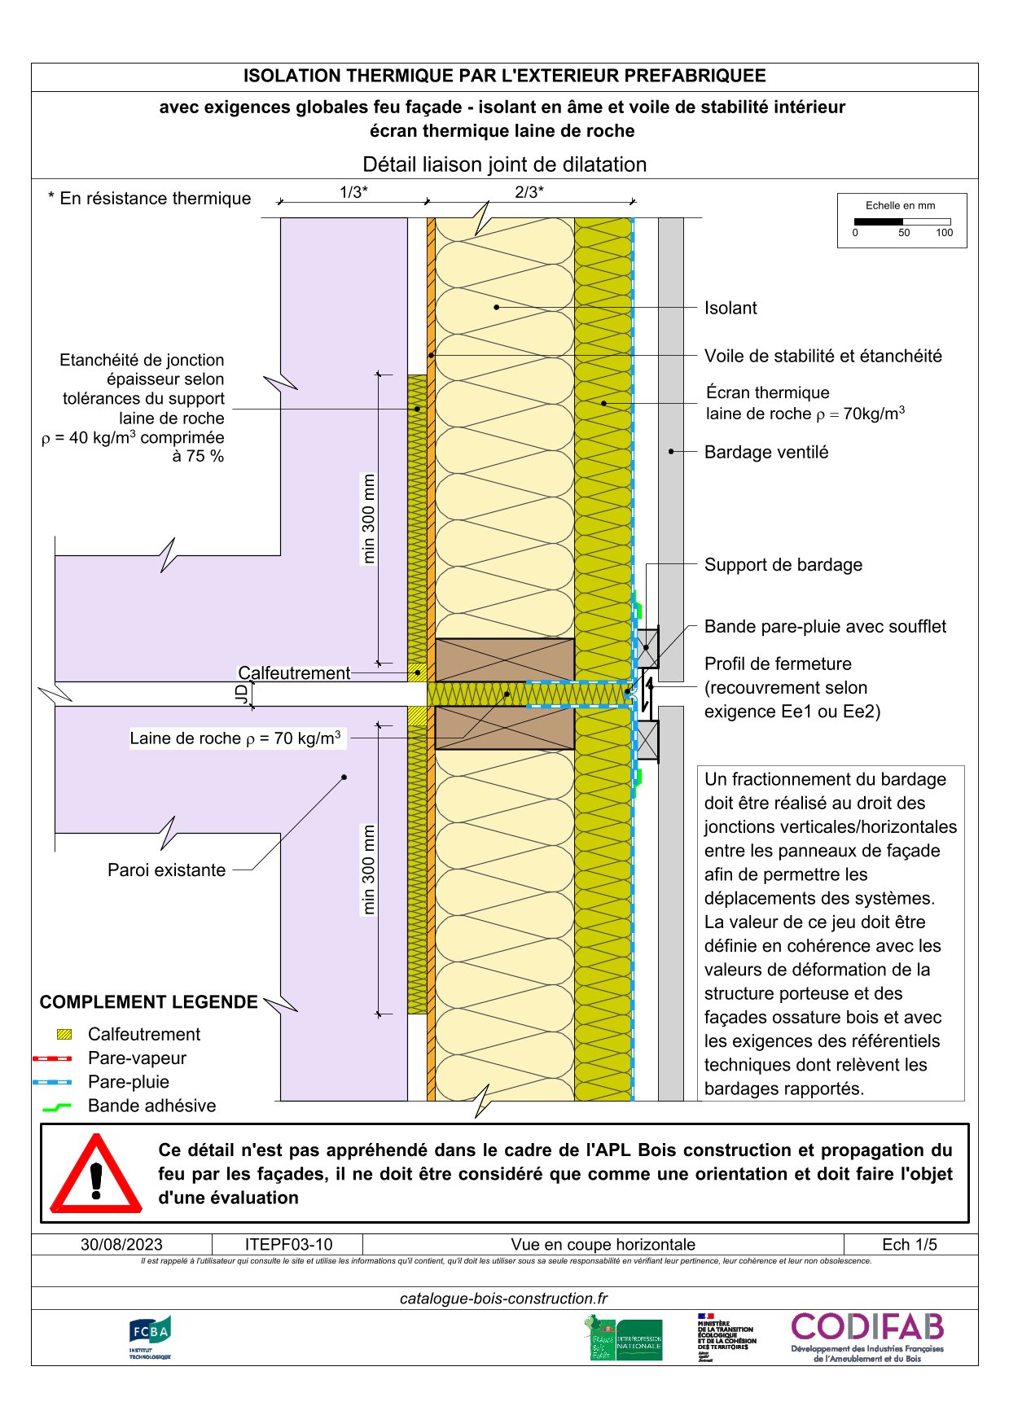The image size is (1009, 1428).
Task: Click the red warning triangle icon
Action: click(96, 1173)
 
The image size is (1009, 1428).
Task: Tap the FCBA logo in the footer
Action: click(150, 1337)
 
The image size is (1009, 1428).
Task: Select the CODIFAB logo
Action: click(867, 1337)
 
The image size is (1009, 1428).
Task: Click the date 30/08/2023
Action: click(121, 1244)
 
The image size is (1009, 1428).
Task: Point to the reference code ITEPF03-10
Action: click(288, 1244)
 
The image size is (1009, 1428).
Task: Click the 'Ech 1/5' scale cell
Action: click(910, 1244)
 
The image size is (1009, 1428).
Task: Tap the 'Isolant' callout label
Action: click(730, 308)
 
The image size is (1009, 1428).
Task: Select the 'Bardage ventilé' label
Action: click(766, 452)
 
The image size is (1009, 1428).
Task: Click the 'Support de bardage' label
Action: click(783, 564)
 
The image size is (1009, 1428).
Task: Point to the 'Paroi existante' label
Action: click(166, 870)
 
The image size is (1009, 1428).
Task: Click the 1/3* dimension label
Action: click(353, 192)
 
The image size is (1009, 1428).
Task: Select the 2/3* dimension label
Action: click(529, 192)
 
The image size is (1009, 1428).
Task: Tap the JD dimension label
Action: click(241, 694)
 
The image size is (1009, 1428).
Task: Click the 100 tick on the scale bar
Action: click(944, 233)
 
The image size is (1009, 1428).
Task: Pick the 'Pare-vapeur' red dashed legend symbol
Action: click(52, 1058)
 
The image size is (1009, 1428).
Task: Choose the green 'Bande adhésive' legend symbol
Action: click(56, 1106)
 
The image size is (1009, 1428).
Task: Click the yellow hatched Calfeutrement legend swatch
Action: click(64, 1034)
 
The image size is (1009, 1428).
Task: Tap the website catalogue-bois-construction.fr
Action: click(503, 1299)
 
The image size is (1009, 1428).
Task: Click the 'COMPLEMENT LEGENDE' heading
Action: click(148, 1002)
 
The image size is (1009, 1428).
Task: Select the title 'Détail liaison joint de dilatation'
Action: click(504, 164)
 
